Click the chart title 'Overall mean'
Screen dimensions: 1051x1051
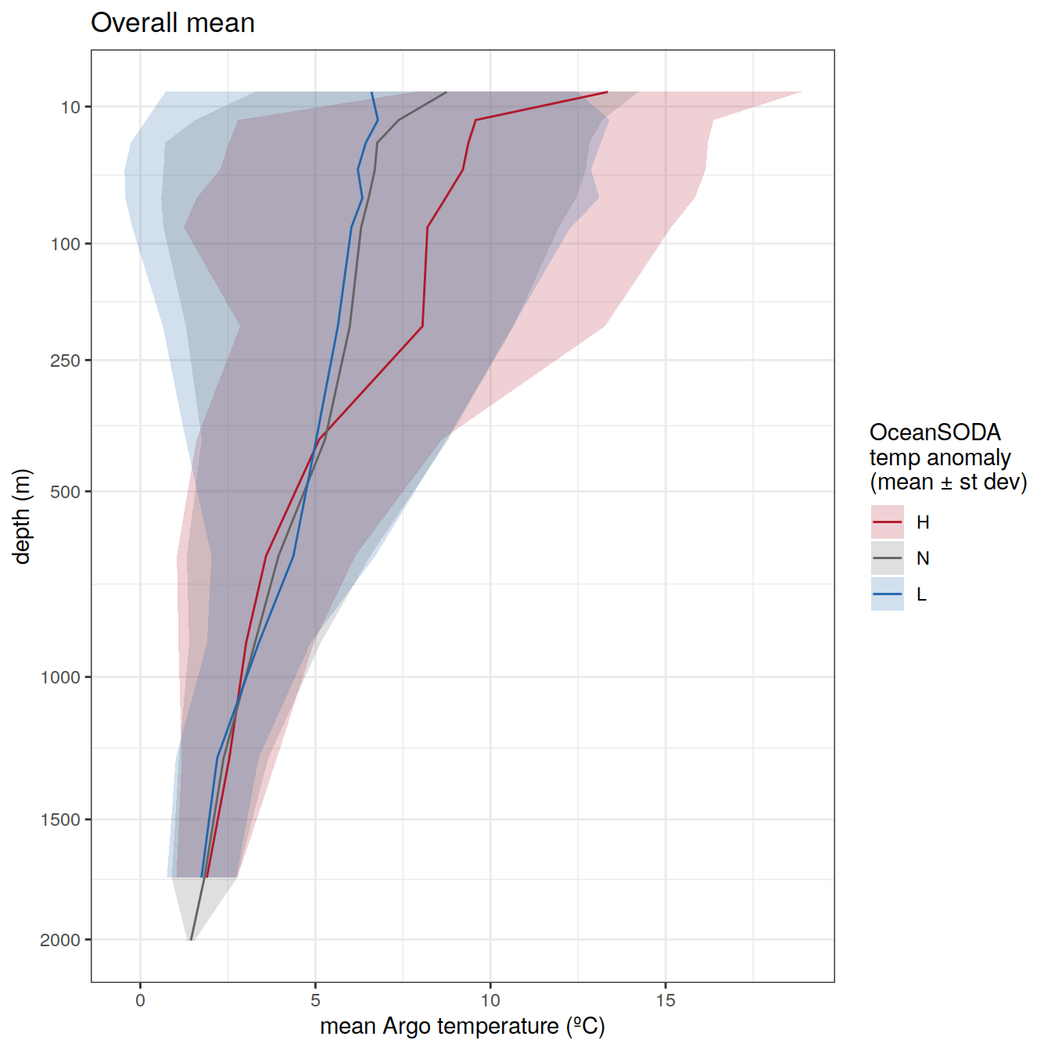[x=173, y=23]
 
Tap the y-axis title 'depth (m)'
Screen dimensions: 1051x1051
[x=22, y=516]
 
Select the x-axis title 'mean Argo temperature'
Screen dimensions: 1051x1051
[x=462, y=1025]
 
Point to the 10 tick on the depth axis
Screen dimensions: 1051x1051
[x=71, y=107]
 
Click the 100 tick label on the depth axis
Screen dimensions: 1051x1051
[x=66, y=244]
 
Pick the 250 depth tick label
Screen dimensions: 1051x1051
[x=66, y=360]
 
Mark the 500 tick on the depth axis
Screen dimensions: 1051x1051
[x=66, y=492]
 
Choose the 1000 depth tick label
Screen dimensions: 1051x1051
[x=61, y=677]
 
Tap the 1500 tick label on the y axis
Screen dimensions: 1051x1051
[x=61, y=820]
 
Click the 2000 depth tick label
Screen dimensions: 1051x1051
[x=61, y=940]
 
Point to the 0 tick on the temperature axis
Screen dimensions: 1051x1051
[x=141, y=1000]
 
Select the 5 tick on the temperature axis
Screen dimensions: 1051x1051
[x=315, y=1000]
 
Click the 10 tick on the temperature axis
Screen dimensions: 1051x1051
[x=490, y=1000]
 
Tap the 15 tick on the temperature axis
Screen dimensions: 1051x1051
[x=665, y=1000]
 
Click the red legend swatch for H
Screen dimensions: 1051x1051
[x=888, y=522]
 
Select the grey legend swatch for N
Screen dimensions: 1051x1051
[x=888, y=558]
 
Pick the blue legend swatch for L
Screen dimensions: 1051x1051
[x=888, y=594]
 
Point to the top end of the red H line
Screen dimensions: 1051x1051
[x=607, y=92]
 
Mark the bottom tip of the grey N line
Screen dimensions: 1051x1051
[x=191, y=939]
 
